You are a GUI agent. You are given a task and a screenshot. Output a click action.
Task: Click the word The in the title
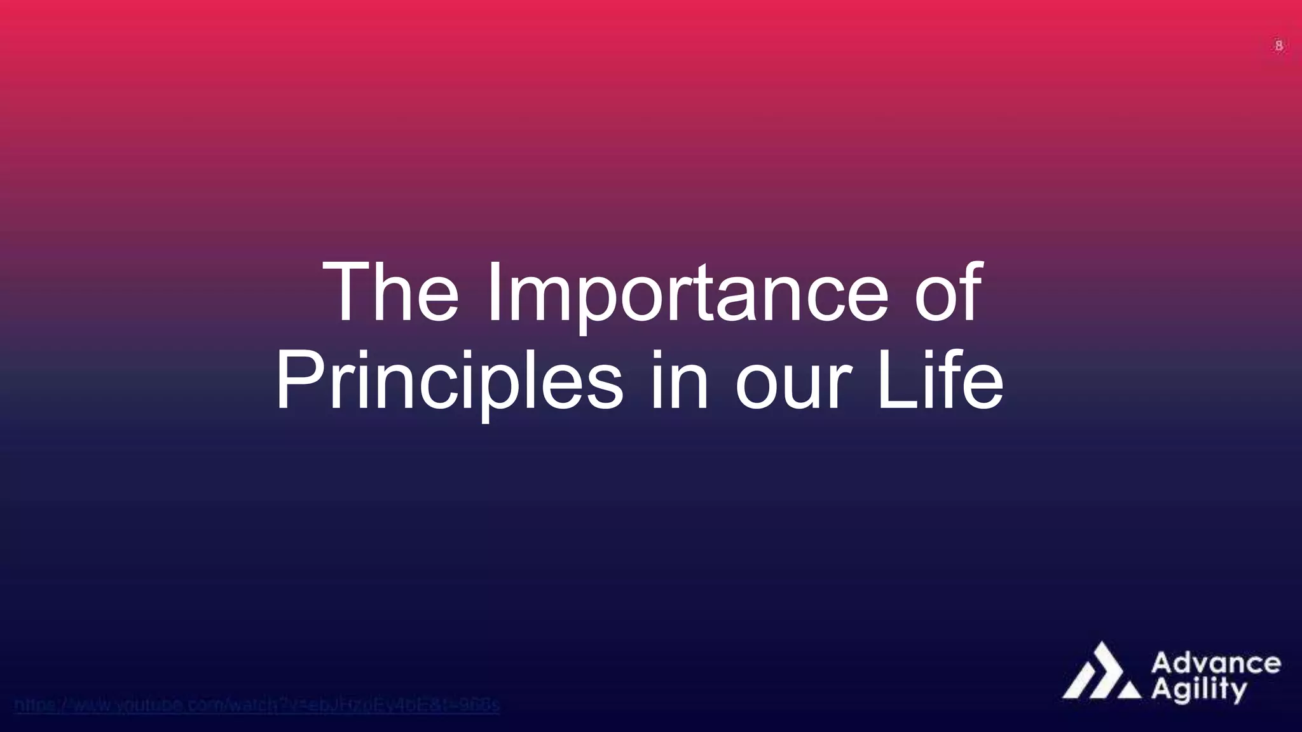pos(390,294)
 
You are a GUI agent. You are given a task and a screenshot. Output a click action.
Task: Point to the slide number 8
pos(1278,46)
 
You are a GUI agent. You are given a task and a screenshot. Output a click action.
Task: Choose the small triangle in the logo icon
pos(1129,691)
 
